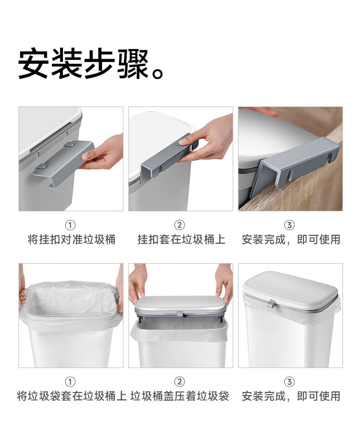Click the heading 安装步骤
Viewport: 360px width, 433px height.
(84, 64)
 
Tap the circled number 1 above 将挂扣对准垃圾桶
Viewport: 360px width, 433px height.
(70, 225)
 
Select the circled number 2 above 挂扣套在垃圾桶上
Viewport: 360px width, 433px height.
(180, 225)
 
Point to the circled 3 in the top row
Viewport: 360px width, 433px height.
(289, 225)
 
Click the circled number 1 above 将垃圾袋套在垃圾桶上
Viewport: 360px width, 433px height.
(70, 382)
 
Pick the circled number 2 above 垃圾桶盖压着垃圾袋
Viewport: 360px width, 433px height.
(180, 382)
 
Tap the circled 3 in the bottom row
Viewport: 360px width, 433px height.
(289, 382)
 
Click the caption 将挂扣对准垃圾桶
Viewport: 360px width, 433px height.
(72, 239)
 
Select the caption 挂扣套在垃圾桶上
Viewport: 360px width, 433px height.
(181, 239)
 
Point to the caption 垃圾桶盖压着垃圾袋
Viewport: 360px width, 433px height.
(180, 396)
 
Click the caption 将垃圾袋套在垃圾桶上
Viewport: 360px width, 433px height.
(72, 396)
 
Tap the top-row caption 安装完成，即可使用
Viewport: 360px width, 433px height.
(291, 239)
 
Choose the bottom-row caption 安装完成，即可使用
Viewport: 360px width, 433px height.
(291, 396)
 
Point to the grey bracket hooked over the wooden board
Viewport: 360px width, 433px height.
(293, 166)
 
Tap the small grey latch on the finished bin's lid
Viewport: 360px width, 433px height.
(271, 304)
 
